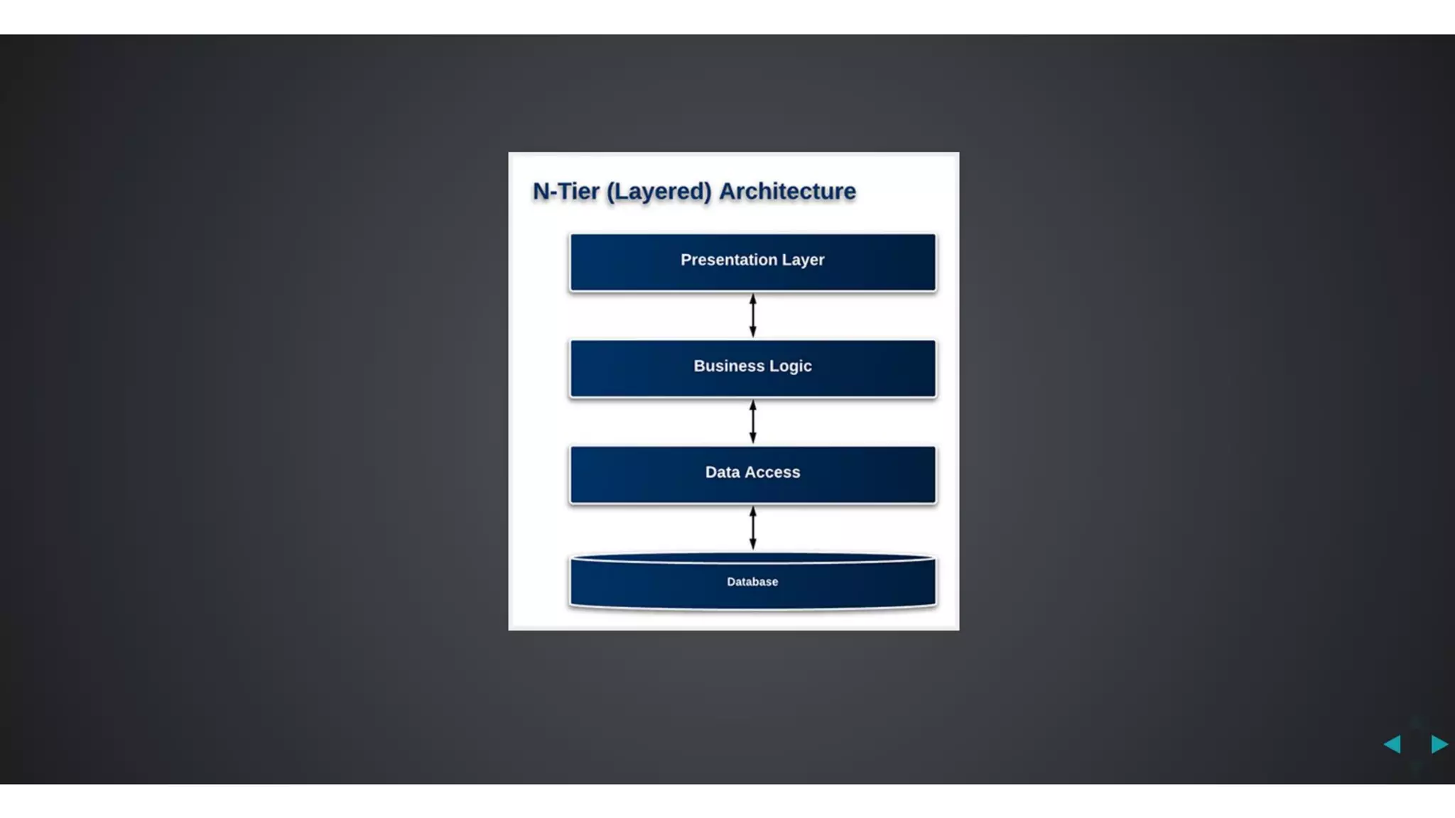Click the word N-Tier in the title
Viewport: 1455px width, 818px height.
(566, 192)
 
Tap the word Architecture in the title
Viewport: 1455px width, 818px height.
(787, 192)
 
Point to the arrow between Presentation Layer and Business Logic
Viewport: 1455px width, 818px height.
(753, 316)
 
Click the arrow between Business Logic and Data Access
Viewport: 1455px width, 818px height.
(753, 422)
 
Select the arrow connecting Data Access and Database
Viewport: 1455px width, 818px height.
(753, 527)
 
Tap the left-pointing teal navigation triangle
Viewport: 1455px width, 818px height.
(1392, 744)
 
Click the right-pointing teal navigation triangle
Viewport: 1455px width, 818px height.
(1439, 744)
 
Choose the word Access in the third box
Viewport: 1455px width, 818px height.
(772, 472)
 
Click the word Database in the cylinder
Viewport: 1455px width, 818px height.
(752, 582)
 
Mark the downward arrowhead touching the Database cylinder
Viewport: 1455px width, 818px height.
(753, 545)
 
